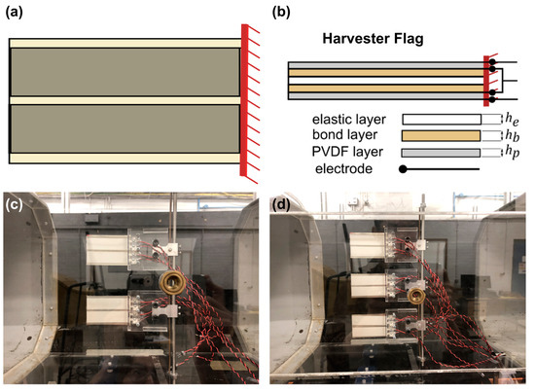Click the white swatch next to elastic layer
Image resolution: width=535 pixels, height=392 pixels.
(x=440, y=119)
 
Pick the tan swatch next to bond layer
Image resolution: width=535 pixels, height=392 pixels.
(x=440, y=135)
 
